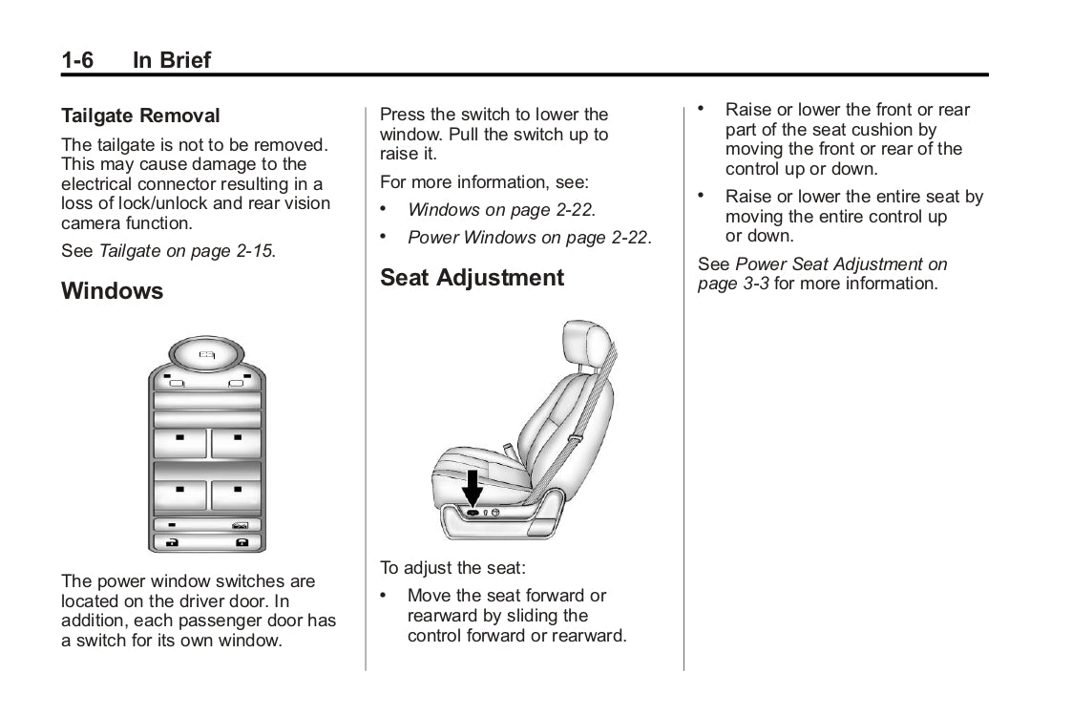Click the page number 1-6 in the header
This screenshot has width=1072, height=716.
coord(77,60)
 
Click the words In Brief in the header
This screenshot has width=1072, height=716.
coord(172,60)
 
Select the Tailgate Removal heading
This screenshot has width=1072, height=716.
coord(140,116)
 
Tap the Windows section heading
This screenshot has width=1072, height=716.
coord(112,290)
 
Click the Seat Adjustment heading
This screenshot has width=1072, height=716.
coord(472,278)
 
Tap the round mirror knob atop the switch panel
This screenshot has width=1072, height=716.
coord(207,354)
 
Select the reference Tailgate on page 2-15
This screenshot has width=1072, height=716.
coord(186,252)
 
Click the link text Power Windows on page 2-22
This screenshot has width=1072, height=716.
coord(528,237)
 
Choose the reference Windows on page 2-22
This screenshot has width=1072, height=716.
coord(500,209)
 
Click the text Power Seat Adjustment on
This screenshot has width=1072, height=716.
coord(842,264)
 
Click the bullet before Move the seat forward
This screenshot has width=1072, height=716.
coord(384,595)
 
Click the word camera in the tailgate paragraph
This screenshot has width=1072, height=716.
coord(92,223)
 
